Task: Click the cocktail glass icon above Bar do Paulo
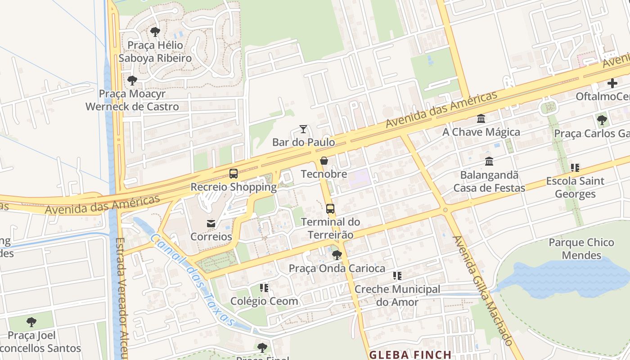[303, 130]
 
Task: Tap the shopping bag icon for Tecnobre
[324, 161]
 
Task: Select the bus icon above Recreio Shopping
[234, 174]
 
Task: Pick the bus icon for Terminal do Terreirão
[330, 209]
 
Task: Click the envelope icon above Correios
[211, 224]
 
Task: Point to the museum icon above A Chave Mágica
[481, 119]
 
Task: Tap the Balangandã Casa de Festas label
[489, 181]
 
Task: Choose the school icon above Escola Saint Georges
[575, 168]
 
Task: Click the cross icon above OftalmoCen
[612, 83]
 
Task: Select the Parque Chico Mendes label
[581, 249]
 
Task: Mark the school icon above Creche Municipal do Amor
[397, 275]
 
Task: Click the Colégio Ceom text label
[264, 301]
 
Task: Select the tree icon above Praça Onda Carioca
[337, 255]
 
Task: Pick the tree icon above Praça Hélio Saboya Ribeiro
[155, 32]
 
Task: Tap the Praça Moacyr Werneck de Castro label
[132, 100]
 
